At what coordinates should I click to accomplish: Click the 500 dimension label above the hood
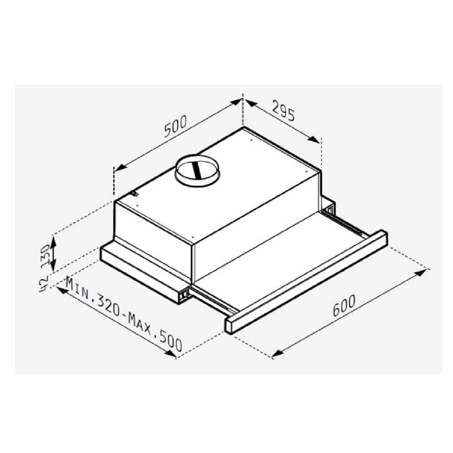176,126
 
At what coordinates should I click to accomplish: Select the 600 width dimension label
344,306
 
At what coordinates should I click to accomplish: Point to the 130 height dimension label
46,254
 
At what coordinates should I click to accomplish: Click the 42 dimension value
43,284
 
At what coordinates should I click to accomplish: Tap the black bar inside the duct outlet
198,171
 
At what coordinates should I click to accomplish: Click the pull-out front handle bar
306,282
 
